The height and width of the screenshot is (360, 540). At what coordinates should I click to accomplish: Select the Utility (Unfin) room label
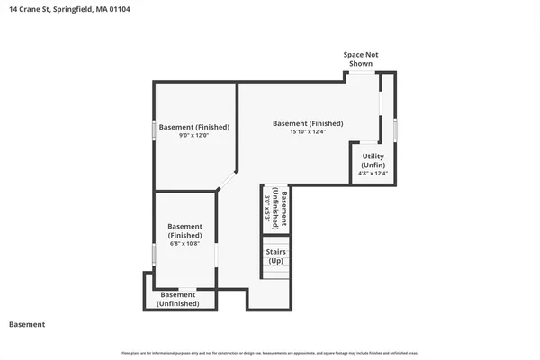373,161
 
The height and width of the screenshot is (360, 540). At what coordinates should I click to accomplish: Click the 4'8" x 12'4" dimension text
373,175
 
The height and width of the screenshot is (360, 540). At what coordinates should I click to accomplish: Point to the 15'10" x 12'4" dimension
308,132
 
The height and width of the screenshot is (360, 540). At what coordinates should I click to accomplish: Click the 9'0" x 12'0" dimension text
194,136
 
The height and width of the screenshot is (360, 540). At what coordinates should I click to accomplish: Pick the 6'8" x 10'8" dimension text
184,243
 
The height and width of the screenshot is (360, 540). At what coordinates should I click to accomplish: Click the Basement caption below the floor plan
27,324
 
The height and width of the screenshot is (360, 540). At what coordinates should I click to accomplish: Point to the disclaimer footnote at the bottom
270,352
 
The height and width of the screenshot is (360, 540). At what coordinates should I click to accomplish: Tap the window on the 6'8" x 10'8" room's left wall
154,255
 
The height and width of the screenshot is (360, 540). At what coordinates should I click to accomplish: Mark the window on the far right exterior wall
395,129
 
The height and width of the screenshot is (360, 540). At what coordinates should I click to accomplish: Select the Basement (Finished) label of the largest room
308,123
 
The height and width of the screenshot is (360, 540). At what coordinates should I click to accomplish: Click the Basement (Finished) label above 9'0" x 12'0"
194,127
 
